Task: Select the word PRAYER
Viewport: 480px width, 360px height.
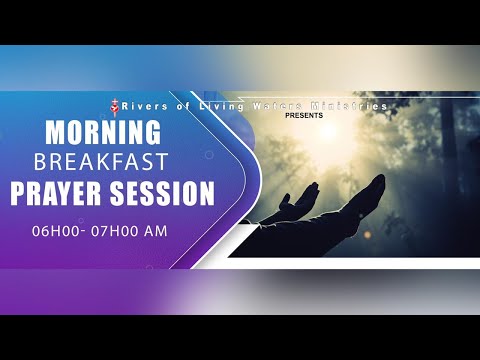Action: coord(62,194)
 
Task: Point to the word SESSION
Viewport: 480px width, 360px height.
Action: coord(165,194)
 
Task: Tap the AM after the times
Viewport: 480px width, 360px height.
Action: coord(153,232)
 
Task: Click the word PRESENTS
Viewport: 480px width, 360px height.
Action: coord(305,116)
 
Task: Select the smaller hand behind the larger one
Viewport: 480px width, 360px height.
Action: coord(290,205)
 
